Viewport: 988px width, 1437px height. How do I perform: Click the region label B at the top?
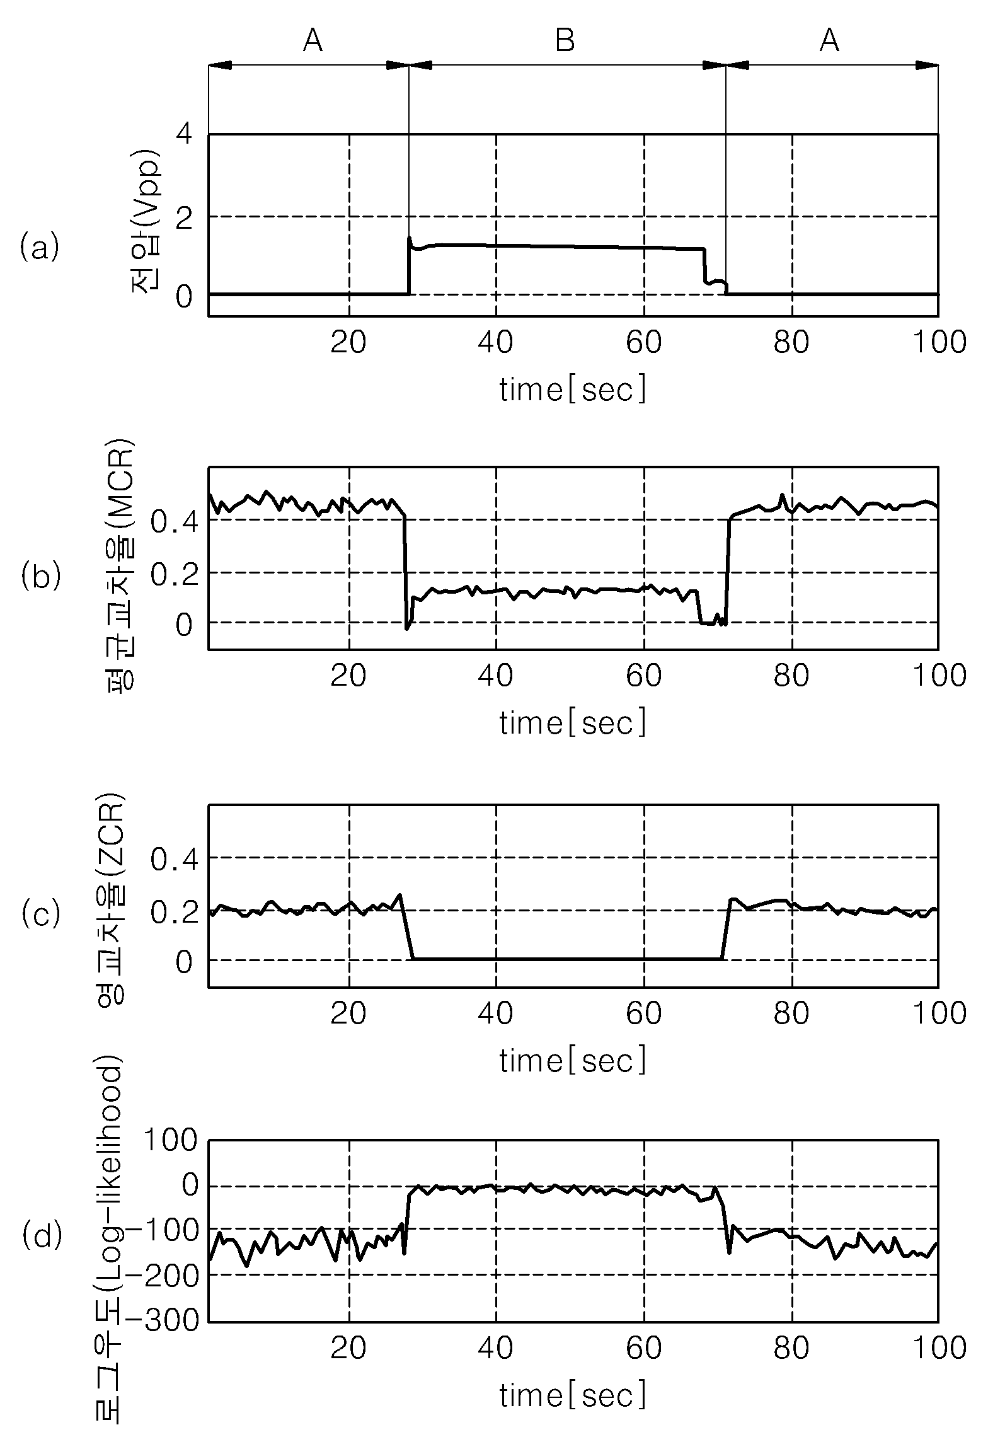[565, 42]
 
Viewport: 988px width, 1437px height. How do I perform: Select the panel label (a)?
[40, 246]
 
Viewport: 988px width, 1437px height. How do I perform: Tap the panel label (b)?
[40, 576]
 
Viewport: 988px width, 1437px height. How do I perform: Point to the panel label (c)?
[40, 913]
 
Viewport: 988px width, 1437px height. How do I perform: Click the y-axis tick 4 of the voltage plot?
[184, 136]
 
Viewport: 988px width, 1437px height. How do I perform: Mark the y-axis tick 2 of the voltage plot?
[184, 217]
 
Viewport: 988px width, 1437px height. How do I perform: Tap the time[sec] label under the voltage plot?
[573, 390]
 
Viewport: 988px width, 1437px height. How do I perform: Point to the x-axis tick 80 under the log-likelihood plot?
[792, 1348]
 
